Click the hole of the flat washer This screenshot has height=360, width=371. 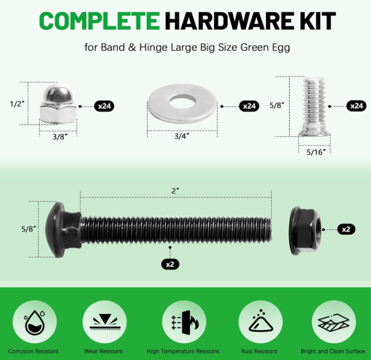point(182,101)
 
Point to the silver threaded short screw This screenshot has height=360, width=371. point(314,106)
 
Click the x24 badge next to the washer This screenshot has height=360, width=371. point(249,106)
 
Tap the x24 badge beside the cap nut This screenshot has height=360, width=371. point(104,106)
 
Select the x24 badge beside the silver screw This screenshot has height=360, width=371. point(357,106)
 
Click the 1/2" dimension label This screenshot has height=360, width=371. point(17,104)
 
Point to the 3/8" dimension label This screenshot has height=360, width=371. point(60,136)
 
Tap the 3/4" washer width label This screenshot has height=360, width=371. point(181,136)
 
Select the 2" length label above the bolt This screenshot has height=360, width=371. point(175,191)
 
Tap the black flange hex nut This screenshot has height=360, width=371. point(306,230)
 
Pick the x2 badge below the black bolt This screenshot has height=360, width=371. point(170,264)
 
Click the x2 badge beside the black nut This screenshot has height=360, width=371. point(346,229)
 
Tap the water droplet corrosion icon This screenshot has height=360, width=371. point(35,322)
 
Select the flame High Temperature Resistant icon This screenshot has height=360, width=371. point(184,323)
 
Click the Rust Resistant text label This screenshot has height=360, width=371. point(259,351)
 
